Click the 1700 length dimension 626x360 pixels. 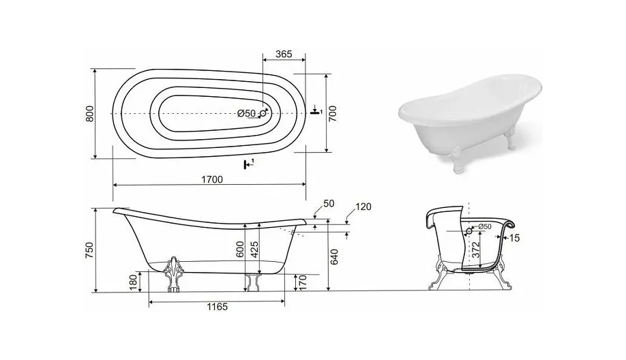[x=212, y=179]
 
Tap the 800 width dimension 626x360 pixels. [x=89, y=114]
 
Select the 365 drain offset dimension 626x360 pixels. [x=284, y=54]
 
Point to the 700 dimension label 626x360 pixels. [x=333, y=114]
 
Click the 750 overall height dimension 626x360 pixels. [x=89, y=250]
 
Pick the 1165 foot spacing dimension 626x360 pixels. [x=217, y=307]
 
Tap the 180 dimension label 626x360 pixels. [x=134, y=282]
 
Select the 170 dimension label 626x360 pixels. [x=303, y=282]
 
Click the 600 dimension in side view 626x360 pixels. [x=240, y=250]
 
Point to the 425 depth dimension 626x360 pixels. [x=254, y=250]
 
